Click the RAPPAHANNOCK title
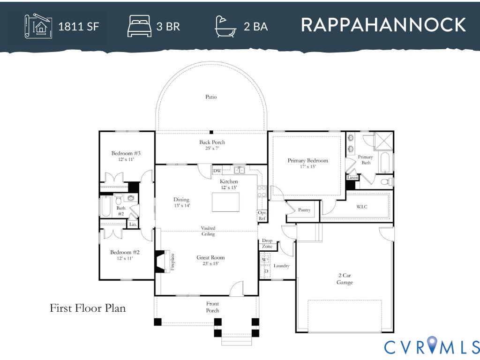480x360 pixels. [383, 25]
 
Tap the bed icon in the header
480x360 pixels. [139, 26]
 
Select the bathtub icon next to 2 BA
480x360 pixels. [225, 27]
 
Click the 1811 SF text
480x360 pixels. [79, 27]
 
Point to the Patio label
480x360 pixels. [211, 97]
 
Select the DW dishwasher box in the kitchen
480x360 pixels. [217, 171]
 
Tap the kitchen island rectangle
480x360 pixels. [225, 202]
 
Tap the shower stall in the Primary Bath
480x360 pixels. [383, 141]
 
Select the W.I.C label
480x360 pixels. [362, 207]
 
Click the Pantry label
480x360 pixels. [304, 210]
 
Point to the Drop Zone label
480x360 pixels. [267, 243]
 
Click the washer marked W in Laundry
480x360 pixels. [265, 260]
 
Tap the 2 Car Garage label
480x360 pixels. [345, 279]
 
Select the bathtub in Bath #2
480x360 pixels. [106, 206]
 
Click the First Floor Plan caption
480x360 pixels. [88, 308]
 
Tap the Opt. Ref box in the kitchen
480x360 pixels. [262, 216]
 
